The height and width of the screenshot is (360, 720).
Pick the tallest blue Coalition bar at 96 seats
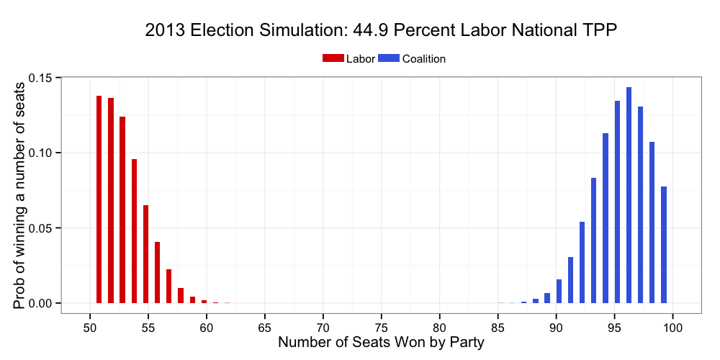pos(629,195)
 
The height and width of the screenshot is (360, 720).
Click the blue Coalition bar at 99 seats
pos(664,245)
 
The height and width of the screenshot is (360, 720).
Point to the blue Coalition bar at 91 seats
pos(570,280)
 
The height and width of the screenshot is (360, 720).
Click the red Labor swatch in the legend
pos(333,59)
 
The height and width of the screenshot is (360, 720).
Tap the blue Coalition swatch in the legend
pos(389,59)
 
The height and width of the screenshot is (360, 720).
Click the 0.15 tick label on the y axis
pos(42,78)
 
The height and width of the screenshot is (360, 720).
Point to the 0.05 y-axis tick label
pos(42,228)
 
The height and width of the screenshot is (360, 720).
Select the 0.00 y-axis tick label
pos(42,303)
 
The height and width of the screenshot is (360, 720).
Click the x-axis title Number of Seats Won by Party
pos(381,343)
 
